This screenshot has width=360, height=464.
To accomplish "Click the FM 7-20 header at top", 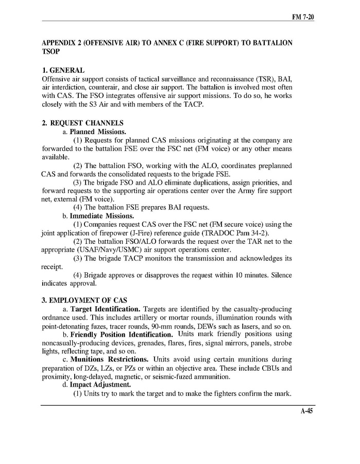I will [303, 17].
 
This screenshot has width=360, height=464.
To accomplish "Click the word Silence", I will [280, 275].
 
